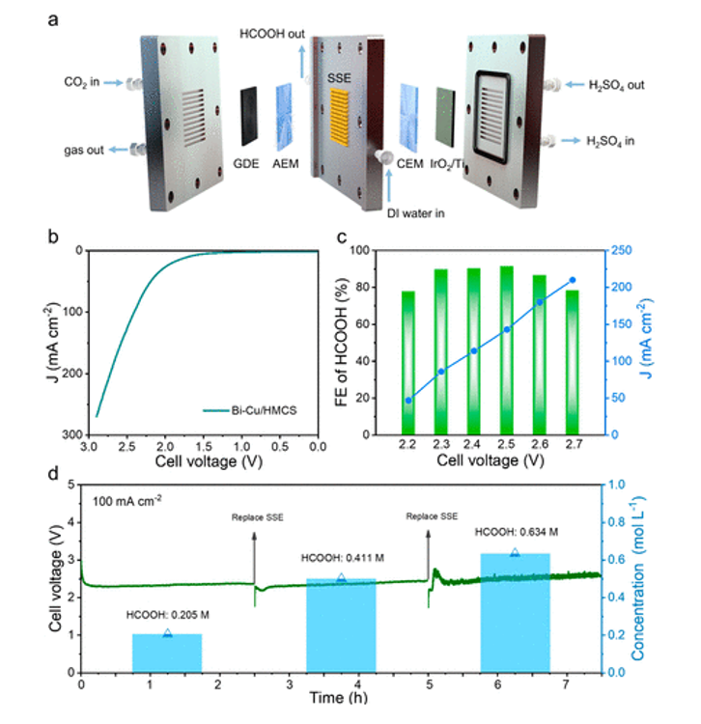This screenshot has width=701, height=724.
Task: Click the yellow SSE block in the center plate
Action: [x=344, y=114]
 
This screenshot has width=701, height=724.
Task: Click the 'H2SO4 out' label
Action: [x=615, y=85]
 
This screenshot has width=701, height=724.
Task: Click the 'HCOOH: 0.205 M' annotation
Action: [x=165, y=616]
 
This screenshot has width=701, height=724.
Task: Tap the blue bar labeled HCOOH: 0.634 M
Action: [x=515, y=612]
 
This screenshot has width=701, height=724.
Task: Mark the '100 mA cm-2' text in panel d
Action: [x=127, y=501]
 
